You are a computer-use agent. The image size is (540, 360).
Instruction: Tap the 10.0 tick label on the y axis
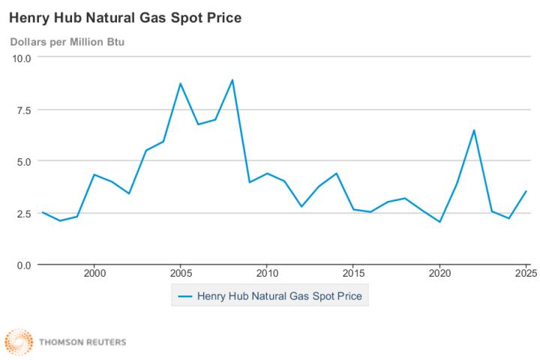[x=20, y=57]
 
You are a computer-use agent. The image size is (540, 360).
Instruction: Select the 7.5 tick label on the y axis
[x=22, y=109]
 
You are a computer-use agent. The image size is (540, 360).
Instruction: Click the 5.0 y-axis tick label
[x=22, y=161]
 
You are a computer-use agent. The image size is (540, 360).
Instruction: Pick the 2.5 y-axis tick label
[x=22, y=213]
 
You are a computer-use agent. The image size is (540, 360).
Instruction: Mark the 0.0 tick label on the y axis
[x=22, y=265]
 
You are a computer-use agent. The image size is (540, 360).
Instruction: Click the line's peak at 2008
[x=232, y=79]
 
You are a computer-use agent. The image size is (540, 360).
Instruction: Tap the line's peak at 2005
[x=180, y=83]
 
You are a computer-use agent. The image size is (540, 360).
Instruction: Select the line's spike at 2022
[x=474, y=130]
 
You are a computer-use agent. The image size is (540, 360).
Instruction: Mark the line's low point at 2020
[x=439, y=222]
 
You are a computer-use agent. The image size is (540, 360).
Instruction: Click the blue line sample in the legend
[x=184, y=296]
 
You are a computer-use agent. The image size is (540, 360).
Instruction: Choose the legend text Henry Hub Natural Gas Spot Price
[x=279, y=296]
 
